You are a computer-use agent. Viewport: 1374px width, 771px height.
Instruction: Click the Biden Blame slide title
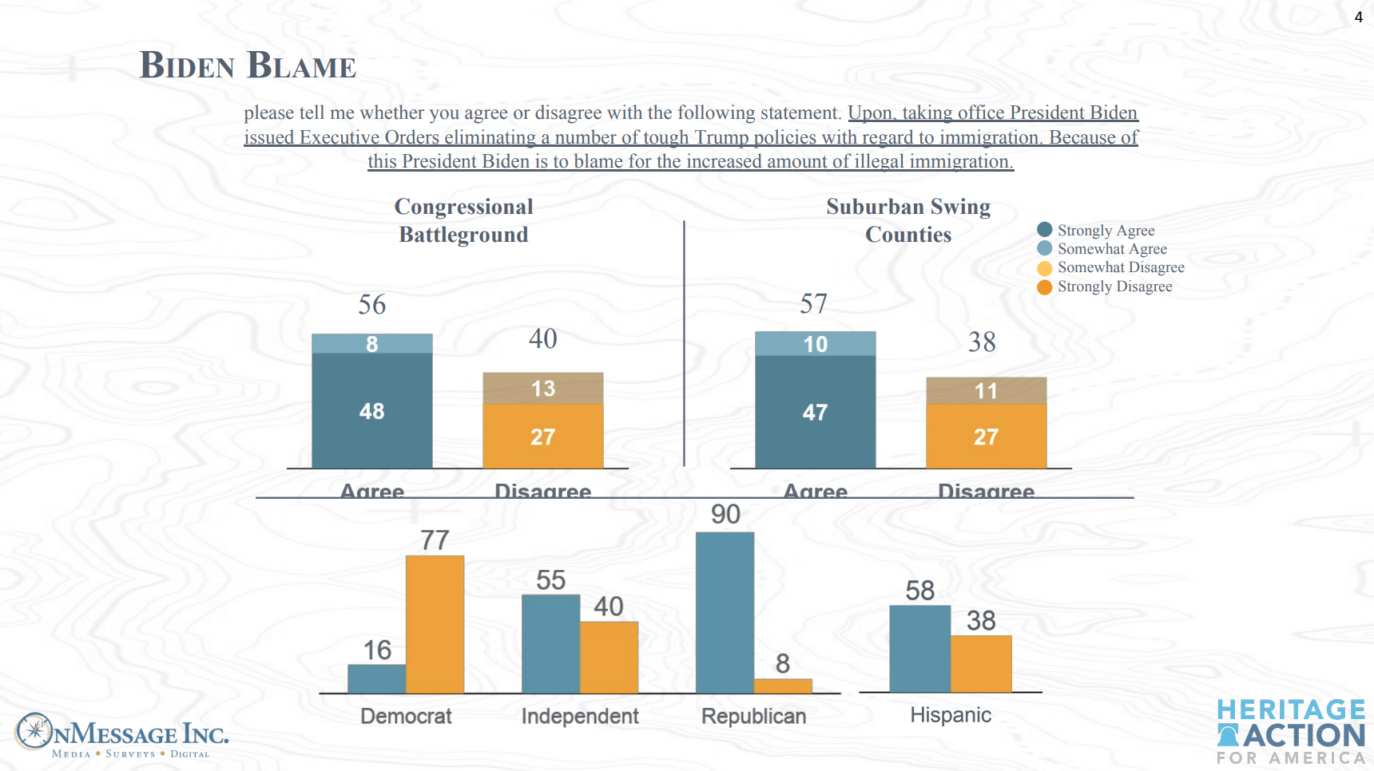pos(248,65)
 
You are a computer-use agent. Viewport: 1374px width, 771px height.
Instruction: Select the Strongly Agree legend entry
pos(1106,231)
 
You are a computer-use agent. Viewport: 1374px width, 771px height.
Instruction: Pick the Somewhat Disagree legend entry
pos(1120,267)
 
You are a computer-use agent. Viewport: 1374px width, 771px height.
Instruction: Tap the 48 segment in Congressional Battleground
pos(371,411)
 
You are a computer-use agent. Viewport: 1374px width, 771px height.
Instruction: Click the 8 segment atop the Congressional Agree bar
pos(371,344)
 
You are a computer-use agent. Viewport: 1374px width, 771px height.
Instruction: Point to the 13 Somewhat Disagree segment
pos(542,389)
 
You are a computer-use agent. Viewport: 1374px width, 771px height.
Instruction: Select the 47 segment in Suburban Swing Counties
pos(815,413)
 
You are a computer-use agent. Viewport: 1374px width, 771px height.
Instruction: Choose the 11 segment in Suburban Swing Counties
pos(986,391)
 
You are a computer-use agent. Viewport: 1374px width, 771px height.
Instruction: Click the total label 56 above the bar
pos(371,305)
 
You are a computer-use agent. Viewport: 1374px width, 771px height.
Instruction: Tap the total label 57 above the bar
pos(814,304)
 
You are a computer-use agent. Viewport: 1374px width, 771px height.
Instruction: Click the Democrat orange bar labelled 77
pos(435,624)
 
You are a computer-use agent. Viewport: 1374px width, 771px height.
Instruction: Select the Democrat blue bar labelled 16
pos(377,678)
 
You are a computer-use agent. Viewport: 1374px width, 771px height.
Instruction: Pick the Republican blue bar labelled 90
pos(725,612)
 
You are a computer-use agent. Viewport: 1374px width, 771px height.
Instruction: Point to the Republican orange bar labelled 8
pos(783,686)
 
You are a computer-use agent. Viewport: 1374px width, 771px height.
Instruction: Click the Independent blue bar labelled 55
pos(550,643)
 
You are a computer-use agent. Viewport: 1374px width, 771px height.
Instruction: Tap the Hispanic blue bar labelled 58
pos(919,648)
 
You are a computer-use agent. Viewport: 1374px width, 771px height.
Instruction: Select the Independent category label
pos(580,716)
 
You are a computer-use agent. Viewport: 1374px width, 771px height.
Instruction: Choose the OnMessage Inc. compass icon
pos(34,731)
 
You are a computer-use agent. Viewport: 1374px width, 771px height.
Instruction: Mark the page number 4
pos(1358,18)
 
